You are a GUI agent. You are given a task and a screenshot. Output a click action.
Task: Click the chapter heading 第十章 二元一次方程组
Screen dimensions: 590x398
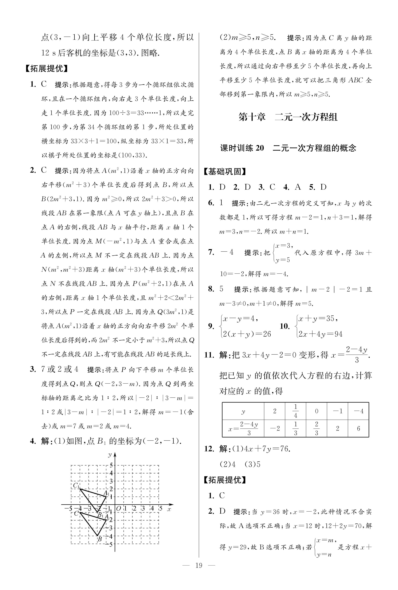pyautogui.click(x=288, y=117)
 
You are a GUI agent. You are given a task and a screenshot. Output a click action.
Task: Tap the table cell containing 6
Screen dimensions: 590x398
pyautogui.click(x=358, y=428)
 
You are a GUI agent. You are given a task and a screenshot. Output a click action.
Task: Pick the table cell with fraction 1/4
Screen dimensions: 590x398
pyautogui.click(x=295, y=411)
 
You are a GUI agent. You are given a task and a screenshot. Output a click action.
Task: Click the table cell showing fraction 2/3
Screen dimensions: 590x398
pyautogui.click(x=316, y=428)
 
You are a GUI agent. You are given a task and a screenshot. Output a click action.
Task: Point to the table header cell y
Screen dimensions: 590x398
pyautogui.click(x=243, y=411)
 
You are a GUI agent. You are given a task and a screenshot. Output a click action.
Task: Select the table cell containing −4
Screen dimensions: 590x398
pyautogui.click(x=358, y=411)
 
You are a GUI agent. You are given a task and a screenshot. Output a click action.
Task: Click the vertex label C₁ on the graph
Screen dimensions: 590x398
pyautogui.click(x=76, y=485)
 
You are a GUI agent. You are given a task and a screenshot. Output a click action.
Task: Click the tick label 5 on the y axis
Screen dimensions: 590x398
pyautogui.click(x=111, y=465)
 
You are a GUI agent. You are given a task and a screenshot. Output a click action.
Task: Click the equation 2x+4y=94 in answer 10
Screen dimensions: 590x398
pyautogui.click(x=320, y=334)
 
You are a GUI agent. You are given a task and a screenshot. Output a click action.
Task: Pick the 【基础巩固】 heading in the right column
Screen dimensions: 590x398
pyautogui.click(x=225, y=172)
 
